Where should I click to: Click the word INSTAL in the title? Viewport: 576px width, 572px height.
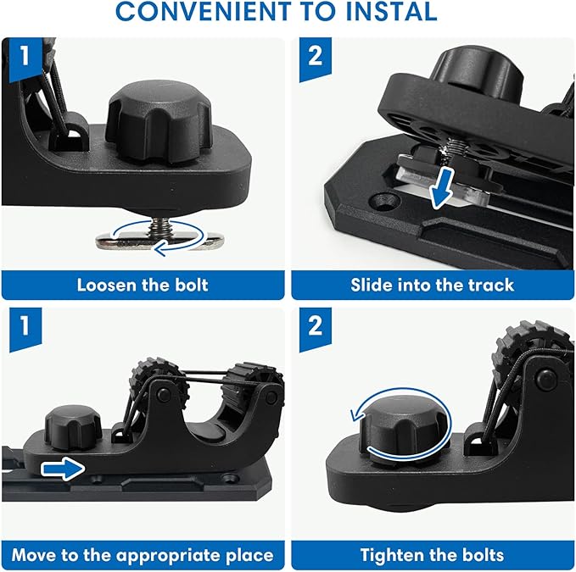click(x=392, y=11)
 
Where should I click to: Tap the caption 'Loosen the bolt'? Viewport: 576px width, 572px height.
click(x=143, y=285)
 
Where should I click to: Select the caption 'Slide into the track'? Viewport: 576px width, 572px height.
click(x=432, y=285)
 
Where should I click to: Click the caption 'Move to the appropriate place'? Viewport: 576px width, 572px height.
click(x=143, y=555)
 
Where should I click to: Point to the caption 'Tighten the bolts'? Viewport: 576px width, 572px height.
click(x=432, y=555)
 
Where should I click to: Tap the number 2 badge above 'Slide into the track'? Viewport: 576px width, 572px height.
click(x=316, y=58)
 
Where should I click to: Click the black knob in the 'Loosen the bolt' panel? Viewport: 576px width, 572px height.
click(x=159, y=122)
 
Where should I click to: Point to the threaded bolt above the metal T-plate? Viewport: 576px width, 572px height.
click(x=159, y=226)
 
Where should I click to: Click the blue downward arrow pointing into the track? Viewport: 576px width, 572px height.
click(x=442, y=188)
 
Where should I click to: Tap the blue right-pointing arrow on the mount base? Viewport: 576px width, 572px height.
click(x=63, y=469)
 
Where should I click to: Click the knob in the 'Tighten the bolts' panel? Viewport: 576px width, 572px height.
click(x=404, y=427)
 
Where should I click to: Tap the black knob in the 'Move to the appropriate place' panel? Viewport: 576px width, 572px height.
click(x=73, y=428)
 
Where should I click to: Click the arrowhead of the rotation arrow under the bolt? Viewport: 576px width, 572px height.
click(x=160, y=250)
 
